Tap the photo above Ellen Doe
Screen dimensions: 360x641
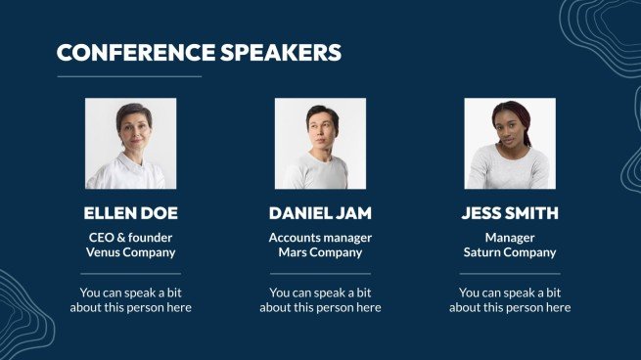pos(130,143)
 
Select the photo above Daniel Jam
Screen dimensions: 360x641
pos(320,143)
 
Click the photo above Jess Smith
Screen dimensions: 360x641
pos(510,143)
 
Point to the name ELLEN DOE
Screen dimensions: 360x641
pos(130,213)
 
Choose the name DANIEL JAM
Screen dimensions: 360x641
pos(320,213)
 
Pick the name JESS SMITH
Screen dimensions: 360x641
pos(510,213)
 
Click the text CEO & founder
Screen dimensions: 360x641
pos(130,237)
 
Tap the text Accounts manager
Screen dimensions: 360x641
pos(320,237)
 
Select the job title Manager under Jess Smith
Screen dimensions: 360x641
pos(510,237)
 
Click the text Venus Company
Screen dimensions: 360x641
pos(130,252)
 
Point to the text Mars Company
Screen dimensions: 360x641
pos(320,252)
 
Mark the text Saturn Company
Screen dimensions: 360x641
pos(510,252)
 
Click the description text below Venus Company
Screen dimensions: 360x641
pos(130,299)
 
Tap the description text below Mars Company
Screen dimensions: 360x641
pos(320,299)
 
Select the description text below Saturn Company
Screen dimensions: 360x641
pos(510,299)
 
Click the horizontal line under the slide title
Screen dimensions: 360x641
pos(129,76)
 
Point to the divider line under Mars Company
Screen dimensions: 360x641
pos(320,274)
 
